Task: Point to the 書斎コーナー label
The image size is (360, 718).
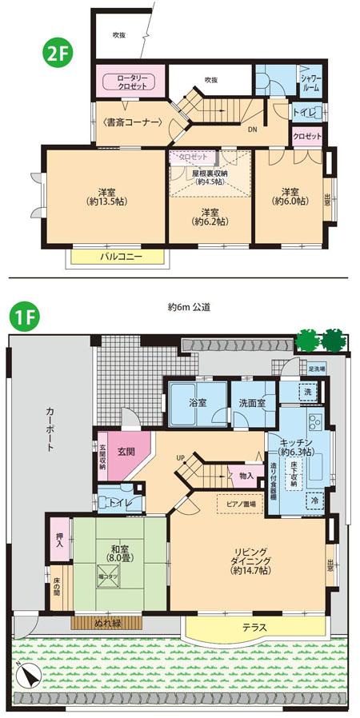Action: coord(133,122)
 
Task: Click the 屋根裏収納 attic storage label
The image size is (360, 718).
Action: coord(208,176)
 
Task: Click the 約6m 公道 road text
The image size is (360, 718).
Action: coord(189,306)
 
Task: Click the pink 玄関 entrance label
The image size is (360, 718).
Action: coord(126,451)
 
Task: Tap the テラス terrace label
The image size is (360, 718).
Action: coord(254,628)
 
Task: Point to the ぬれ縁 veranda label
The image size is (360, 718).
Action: coord(106,620)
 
